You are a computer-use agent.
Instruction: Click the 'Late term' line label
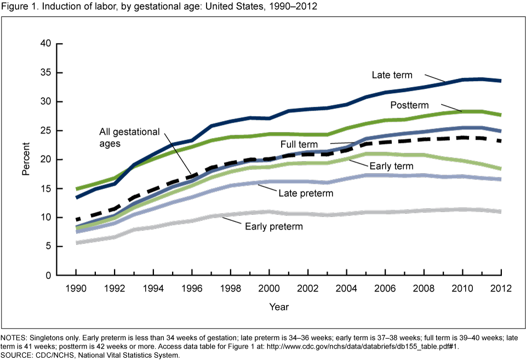[x=392, y=75]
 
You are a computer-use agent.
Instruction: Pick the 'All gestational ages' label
[x=129, y=137]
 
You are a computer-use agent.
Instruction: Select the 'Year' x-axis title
[x=278, y=307]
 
